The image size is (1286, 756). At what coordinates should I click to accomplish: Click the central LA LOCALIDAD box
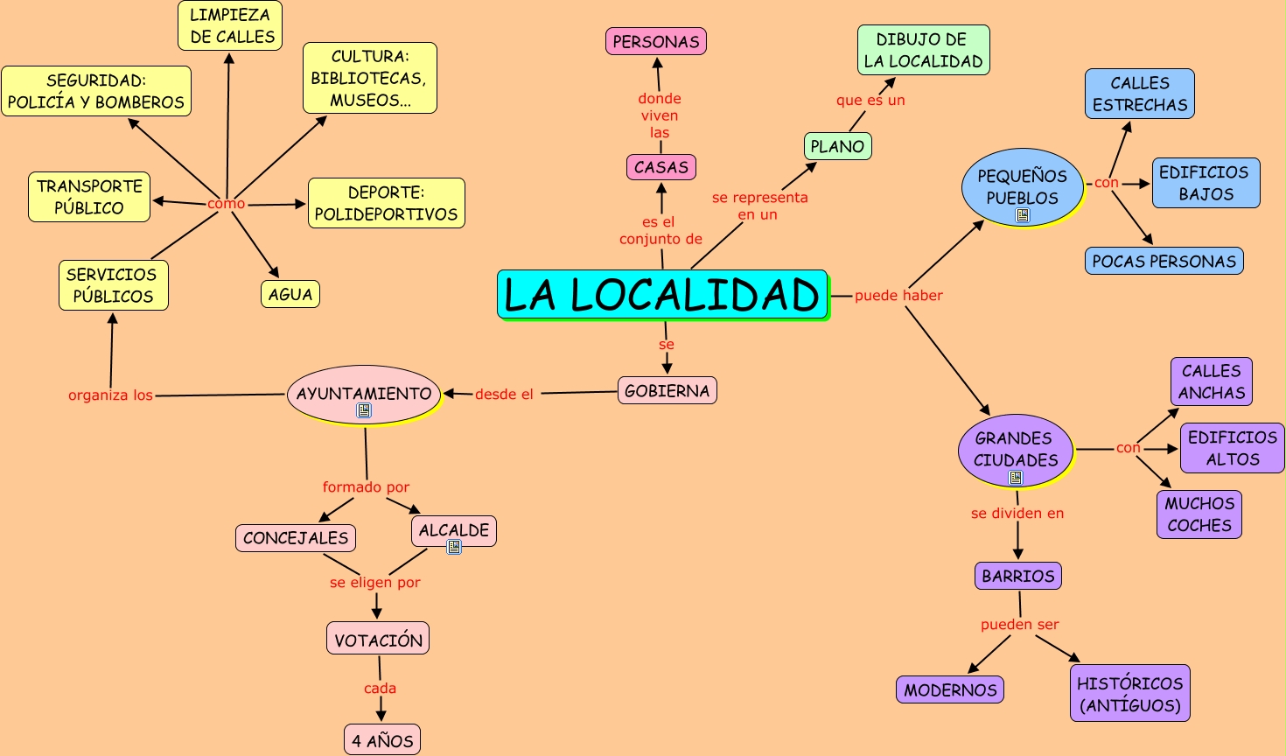(662, 295)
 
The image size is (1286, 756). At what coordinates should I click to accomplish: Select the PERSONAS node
(656, 41)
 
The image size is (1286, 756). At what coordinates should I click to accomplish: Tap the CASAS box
(661, 167)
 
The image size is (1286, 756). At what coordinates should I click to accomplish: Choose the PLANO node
(837, 146)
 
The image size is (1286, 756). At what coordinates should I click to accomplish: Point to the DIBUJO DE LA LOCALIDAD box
(923, 51)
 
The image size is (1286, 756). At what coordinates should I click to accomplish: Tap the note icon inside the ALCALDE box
(454, 547)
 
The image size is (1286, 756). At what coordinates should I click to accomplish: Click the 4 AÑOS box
(382, 740)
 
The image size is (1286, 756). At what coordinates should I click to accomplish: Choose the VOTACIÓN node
(378, 640)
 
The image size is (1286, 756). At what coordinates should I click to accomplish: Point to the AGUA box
(290, 294)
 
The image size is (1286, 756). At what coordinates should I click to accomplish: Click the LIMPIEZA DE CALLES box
(231, 26)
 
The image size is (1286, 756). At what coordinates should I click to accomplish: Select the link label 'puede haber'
(898, 296)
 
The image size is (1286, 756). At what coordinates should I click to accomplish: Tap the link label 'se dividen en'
(1017, 514)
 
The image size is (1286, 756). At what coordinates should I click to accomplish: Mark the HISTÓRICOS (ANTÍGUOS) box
(1129, 694)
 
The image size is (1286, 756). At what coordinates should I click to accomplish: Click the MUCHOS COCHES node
(1199, 514)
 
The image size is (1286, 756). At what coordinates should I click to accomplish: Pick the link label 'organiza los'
(110, 395)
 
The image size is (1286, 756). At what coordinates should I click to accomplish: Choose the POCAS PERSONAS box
(1164, 261)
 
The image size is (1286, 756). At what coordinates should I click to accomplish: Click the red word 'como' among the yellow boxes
(226, 204)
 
